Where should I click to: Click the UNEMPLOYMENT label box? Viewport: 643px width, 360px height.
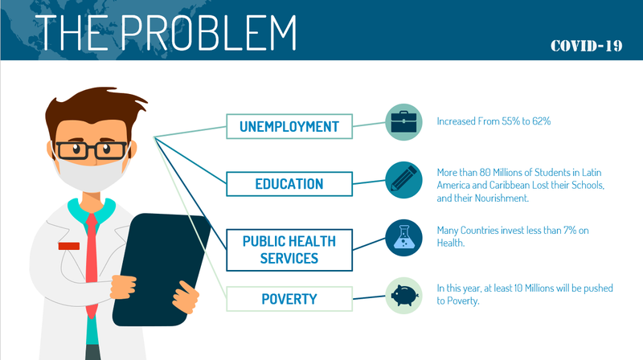tap(289, 126)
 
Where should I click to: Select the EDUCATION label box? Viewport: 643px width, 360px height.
tap(289, 183)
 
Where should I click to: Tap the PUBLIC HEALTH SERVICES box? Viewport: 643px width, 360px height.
tap(289, 249)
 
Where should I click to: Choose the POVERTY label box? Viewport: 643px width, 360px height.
tap(289, 300)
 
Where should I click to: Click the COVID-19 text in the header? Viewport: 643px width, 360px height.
tap(586, 46)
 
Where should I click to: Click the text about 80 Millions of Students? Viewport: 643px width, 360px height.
tap(519, 185)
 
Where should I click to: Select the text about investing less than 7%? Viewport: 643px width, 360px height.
tap(512, 236)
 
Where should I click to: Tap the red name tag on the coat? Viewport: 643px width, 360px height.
tap(68, 244)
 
